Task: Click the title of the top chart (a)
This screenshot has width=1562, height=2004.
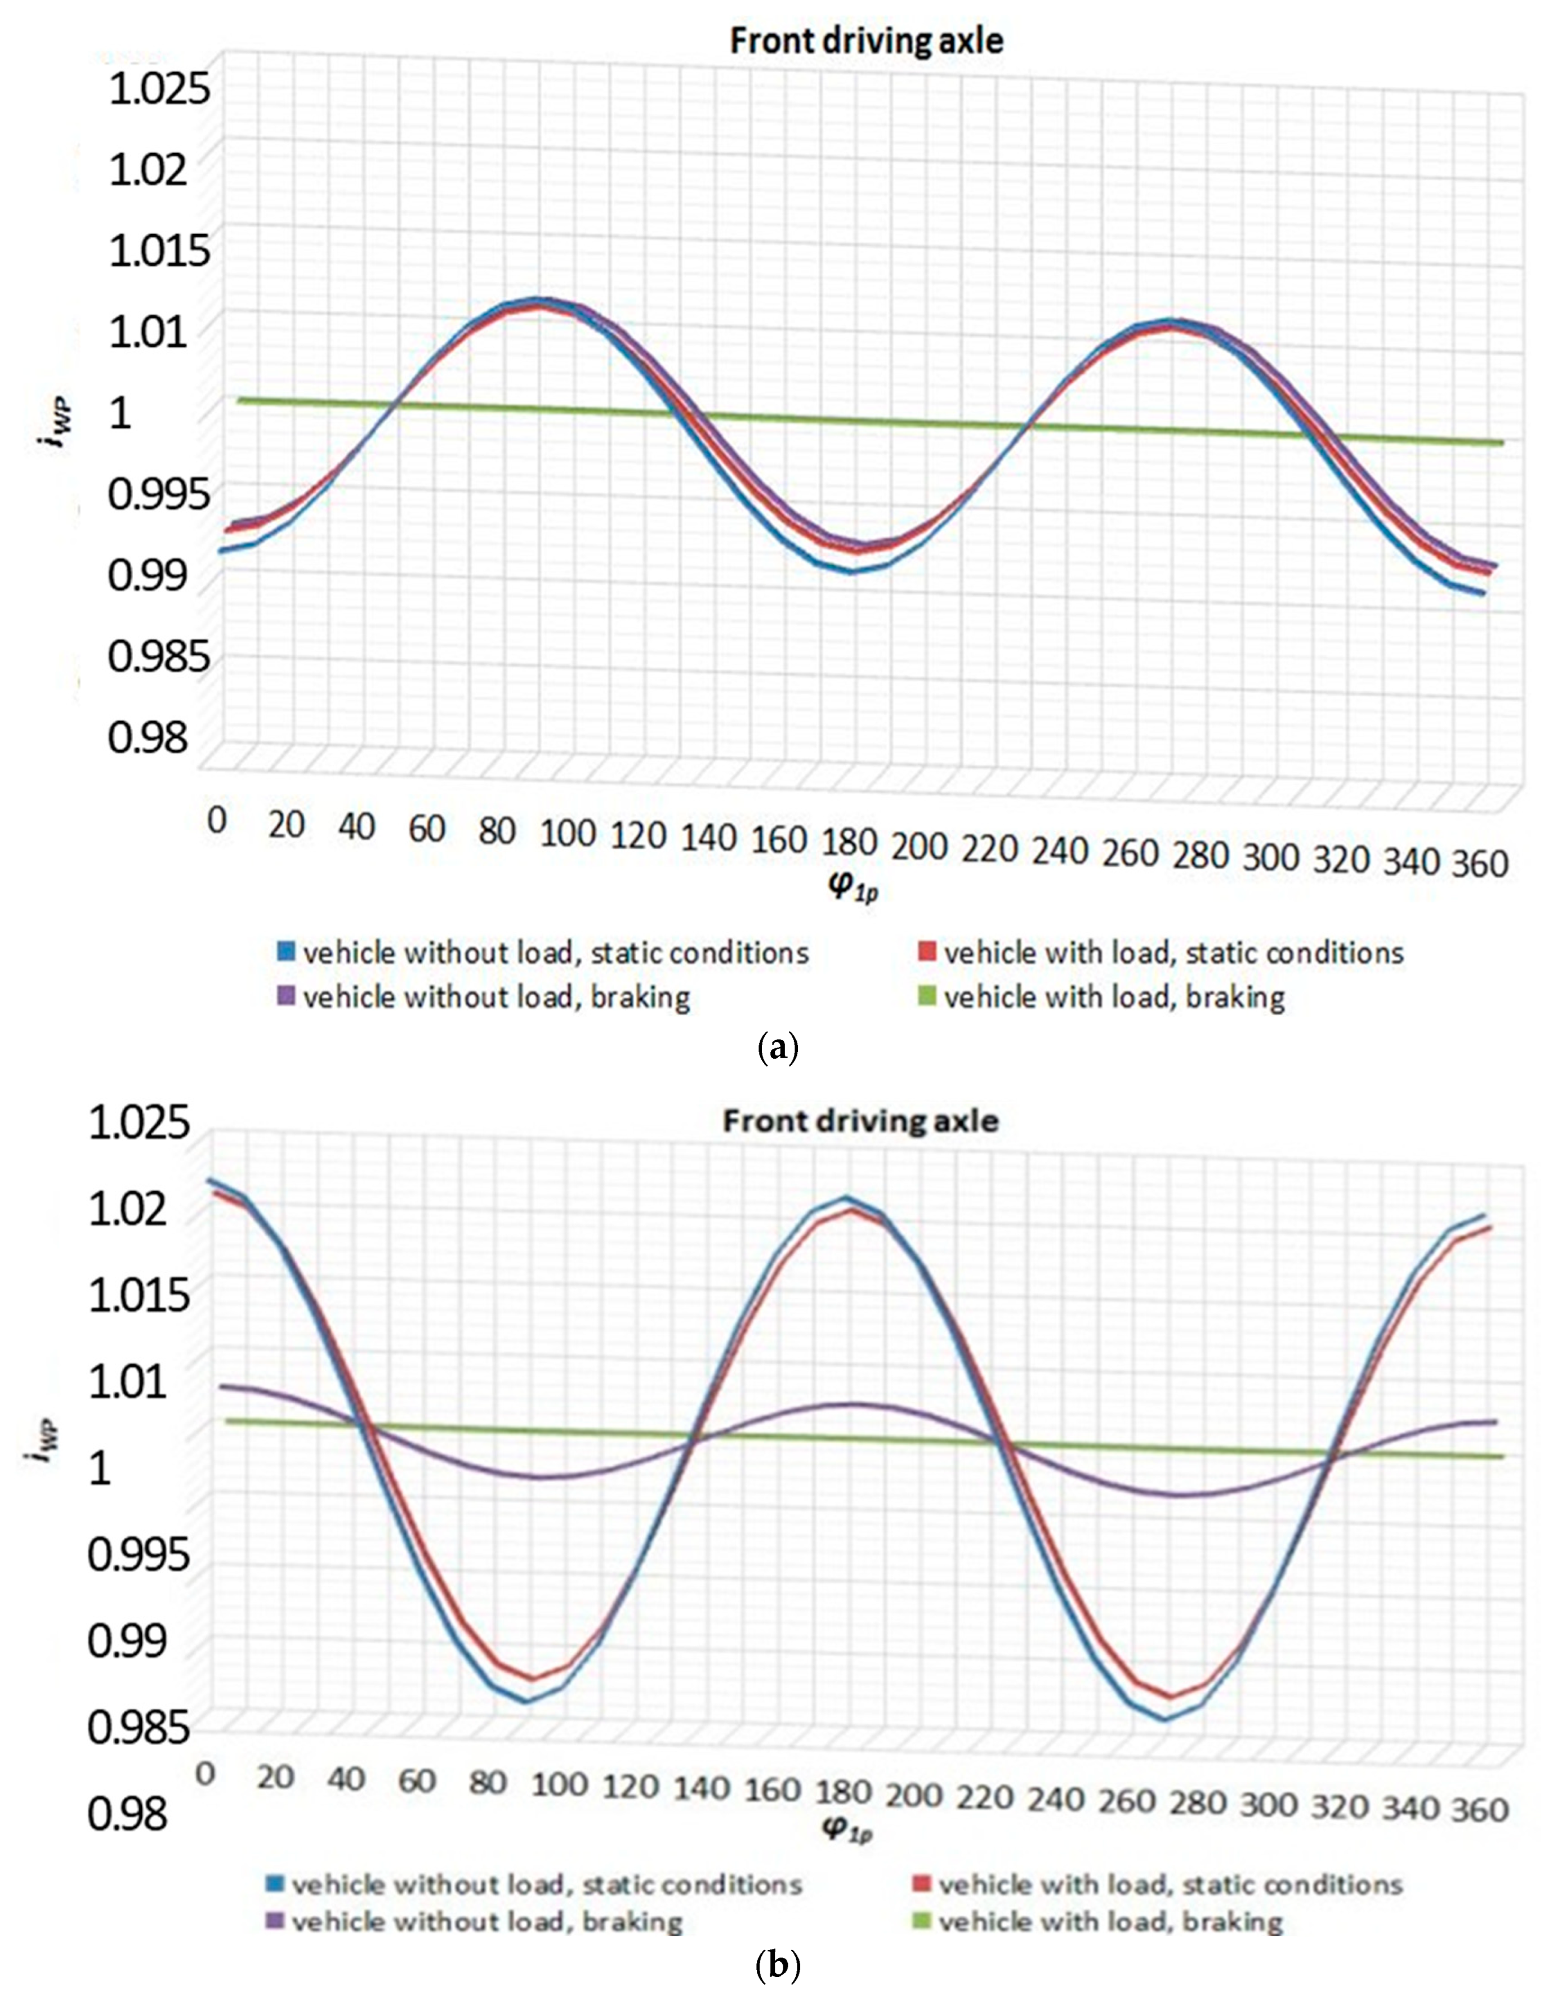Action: point(867,41)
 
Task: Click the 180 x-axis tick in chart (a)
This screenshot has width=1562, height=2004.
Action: point(849,842)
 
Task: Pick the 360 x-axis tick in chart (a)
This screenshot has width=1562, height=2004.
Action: point(1479,864)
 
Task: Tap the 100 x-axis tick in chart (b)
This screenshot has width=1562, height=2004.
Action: point(559,1784)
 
